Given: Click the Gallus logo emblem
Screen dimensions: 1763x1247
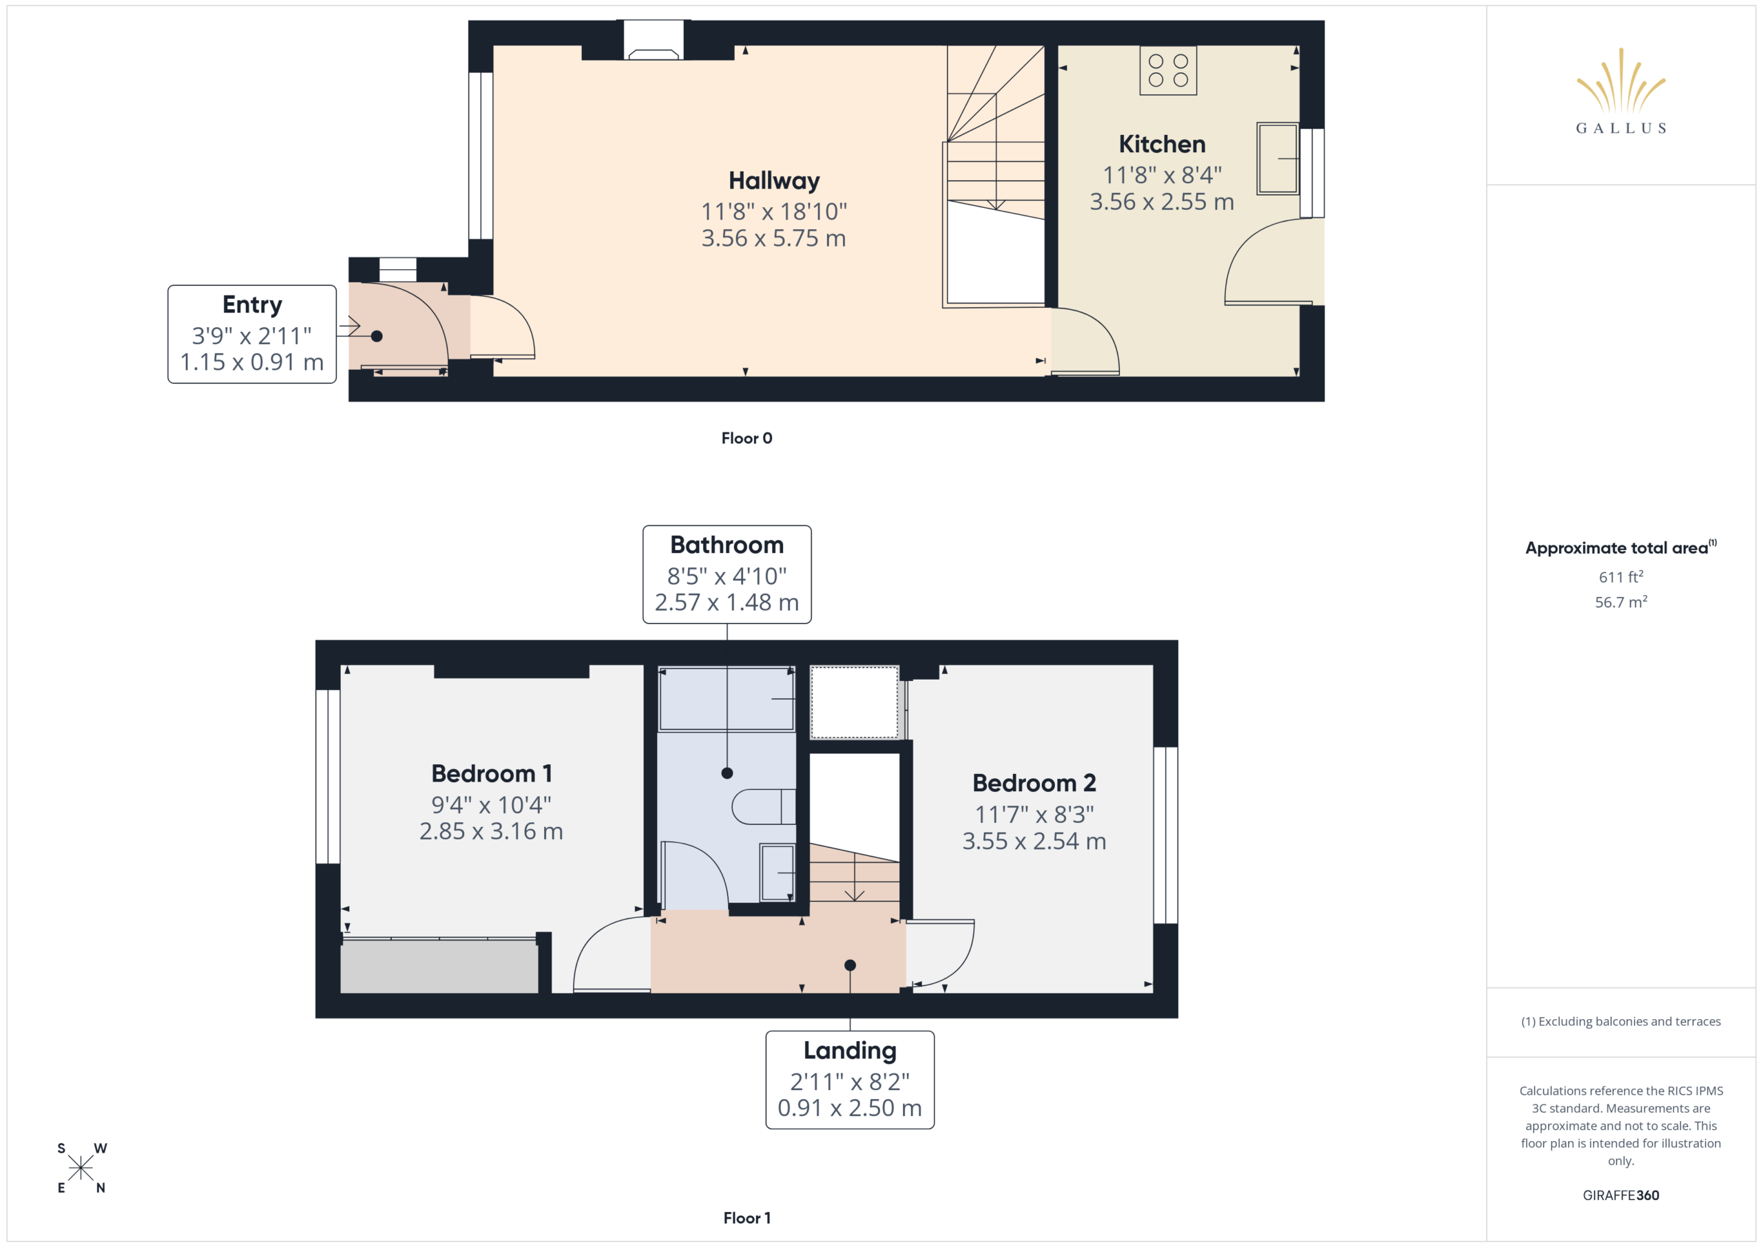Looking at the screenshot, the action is pos(1620,81).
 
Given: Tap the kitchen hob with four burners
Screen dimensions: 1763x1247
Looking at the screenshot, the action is pos(1168,70).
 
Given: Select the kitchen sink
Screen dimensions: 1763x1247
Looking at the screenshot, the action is pos(1277,158).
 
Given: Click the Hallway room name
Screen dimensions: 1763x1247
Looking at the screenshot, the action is pos(774,181).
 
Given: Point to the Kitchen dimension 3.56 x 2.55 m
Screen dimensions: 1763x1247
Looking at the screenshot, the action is pos(1162,202).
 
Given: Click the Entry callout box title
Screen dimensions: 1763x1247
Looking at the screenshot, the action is pos(252,305).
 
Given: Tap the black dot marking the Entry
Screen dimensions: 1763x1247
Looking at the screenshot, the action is pos(377,336).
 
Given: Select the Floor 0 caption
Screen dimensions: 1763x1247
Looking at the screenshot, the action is pos(747,439).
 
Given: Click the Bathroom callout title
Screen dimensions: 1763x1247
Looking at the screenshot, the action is pos(727,545).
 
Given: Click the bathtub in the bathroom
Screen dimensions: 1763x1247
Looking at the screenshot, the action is pos(727,699).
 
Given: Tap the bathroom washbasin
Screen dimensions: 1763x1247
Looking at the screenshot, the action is pos(777,872).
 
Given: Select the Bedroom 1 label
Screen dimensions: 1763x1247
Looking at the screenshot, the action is pos(492,774).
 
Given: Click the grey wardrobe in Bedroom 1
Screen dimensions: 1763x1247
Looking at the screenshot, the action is pos(439,966).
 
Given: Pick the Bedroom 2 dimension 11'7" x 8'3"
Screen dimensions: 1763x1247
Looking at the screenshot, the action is pos(1034,815).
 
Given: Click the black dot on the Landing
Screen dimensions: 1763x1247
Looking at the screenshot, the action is pos(850,966).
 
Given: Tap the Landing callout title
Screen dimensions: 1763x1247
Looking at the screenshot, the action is pos(850,1051).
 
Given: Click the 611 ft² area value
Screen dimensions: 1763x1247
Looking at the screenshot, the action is pos(1620,576).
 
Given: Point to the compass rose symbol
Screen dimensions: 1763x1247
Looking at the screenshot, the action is pos(81,1168).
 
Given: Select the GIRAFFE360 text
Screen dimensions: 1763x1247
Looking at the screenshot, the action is pos(1620,1195).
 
